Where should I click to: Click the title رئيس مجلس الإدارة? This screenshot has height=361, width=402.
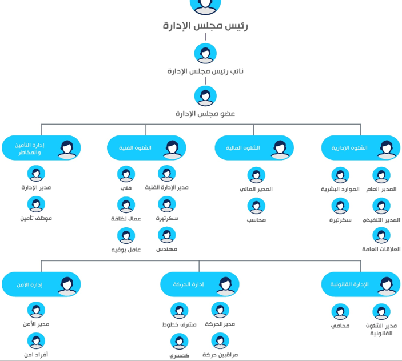point(205,26)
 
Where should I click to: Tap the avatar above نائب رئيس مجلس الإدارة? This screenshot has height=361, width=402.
point(205,54)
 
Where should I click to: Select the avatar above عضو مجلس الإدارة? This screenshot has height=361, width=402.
point(205,96)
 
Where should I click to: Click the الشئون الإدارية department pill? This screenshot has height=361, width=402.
point(361,148)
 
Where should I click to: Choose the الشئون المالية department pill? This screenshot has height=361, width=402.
point(254,148)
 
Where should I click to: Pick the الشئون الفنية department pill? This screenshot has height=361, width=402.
point(146,148)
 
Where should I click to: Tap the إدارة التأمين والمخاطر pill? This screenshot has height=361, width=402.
point(41,148)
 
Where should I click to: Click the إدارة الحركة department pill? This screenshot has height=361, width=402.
point(200,284)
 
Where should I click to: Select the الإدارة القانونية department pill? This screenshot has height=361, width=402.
point(361,284)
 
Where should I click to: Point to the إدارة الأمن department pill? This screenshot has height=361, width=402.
point(41,284)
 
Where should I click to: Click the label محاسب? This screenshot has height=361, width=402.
point(256,220)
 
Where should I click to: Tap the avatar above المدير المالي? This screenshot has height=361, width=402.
point(256,175)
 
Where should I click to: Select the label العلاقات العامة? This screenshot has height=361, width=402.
point(381,249)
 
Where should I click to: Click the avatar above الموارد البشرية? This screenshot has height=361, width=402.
point(340,175)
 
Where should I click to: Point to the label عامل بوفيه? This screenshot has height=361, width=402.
point(126,250)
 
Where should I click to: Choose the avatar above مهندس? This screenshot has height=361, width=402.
point(167,235)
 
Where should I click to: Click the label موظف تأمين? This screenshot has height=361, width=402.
point(36,218)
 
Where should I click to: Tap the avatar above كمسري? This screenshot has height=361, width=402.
point(179,342)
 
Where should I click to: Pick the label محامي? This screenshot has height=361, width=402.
point(340,326)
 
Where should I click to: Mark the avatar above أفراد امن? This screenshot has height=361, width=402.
point(36,341)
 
